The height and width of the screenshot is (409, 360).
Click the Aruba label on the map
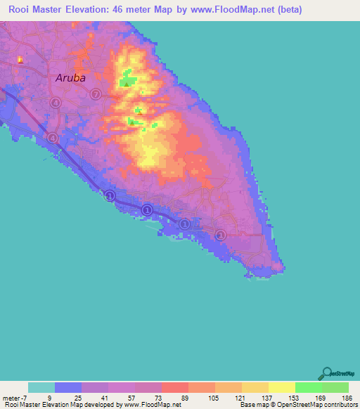[x=70, y=78]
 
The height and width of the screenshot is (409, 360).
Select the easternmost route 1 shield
[x=221, y=234]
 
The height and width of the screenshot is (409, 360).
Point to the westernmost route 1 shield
[x=110, y=195]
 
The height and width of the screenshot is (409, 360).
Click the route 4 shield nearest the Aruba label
[x=56, y=103]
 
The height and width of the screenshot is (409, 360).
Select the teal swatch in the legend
[x=41, y=387]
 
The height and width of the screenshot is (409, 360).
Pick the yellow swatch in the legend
[x=282, y=387]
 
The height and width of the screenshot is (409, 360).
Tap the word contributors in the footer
[x=340, y=405]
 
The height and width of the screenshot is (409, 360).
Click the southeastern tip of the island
[x=283, y=266]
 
